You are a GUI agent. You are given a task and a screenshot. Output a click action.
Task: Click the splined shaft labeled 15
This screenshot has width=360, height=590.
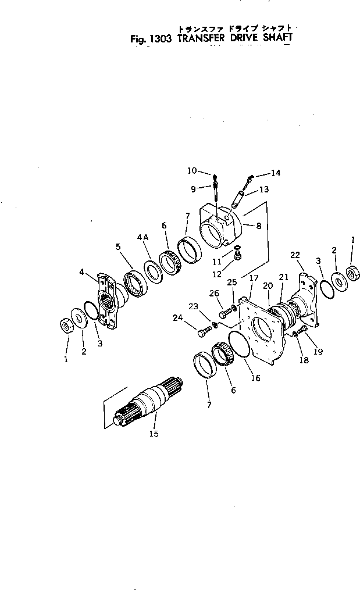[150, 401]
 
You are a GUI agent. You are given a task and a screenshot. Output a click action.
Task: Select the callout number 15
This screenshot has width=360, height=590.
[154, 433]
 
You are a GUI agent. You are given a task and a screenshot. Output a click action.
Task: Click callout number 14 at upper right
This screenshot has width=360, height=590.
[275, 173]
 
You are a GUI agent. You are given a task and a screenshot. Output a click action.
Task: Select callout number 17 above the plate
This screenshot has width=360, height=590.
[254, 278]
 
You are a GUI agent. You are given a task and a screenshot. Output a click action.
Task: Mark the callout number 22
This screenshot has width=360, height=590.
[295, 255]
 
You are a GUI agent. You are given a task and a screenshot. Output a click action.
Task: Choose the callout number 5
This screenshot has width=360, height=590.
[118, 246]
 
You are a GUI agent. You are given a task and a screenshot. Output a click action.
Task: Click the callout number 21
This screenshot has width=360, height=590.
[283, 277]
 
